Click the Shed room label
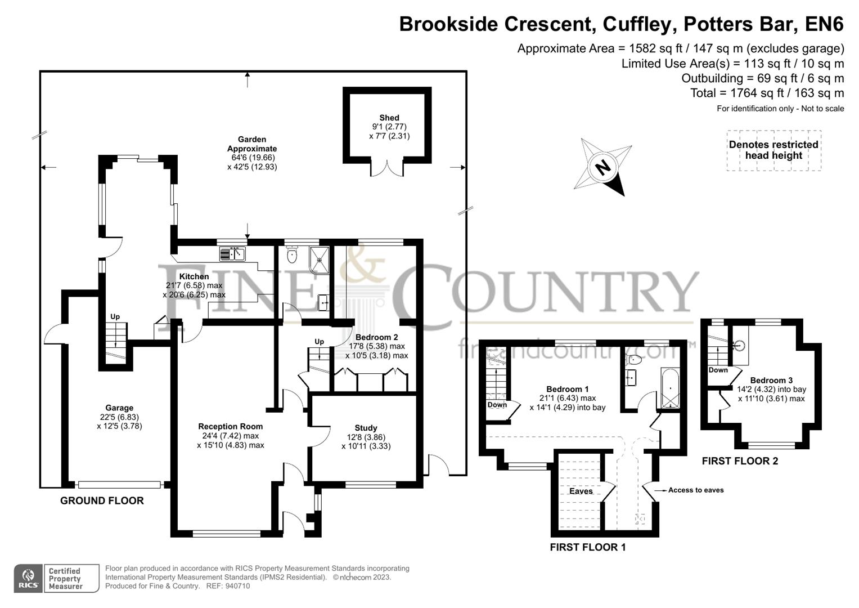click(389, 118)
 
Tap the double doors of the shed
click(388, 168)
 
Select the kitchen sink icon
click(232, 254)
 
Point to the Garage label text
click(119, 408)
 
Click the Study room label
click(366, 428)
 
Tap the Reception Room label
click(230, 426)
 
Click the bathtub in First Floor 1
click(670, 388)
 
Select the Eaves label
click(581, 491)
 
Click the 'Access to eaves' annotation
click(695, 490)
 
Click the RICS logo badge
click(28, 579)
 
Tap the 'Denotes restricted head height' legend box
click(773, 150)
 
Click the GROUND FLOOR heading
click(102, 500)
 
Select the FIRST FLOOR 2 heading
click(740, 461)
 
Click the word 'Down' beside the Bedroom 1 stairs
click(497, 405)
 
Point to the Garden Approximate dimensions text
click(252, 163)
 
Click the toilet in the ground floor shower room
click(291, 257)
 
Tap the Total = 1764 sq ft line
click(767, 93)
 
